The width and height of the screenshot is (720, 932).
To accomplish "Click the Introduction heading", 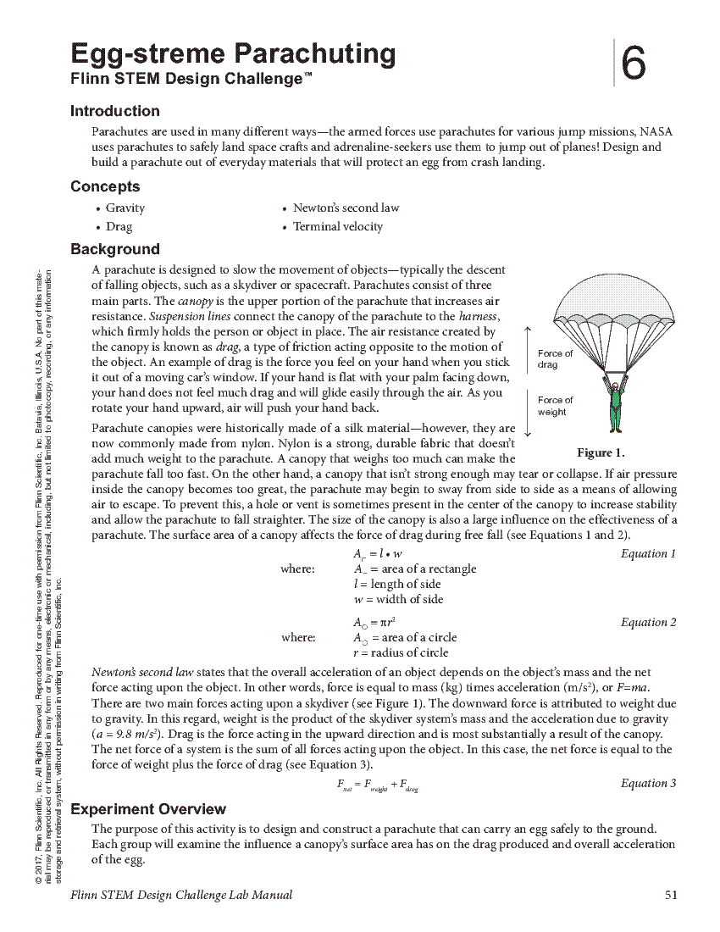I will tap(114, 111).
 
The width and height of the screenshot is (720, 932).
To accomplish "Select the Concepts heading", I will tap(105, 186).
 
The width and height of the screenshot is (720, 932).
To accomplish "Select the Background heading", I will tap(114, 249).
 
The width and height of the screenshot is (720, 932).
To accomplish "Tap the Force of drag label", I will tap(555, 359).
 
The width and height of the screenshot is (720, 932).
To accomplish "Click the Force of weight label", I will tap(555, 406).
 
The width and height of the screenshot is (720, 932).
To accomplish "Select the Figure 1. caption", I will tap(600, 452).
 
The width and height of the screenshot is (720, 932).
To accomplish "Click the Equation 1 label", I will tap(648, 554).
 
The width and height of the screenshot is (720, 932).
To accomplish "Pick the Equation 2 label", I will tap(648, 623).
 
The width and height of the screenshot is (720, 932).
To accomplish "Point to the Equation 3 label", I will tap(648, 784).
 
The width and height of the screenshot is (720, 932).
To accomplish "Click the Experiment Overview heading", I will tap(148, 809).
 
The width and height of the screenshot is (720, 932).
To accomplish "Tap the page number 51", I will tap(671, 895).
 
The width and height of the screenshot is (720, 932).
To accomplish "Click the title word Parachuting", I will tap(314, 54).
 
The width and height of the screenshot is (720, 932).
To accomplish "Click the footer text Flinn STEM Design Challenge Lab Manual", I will tap(181, 895).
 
